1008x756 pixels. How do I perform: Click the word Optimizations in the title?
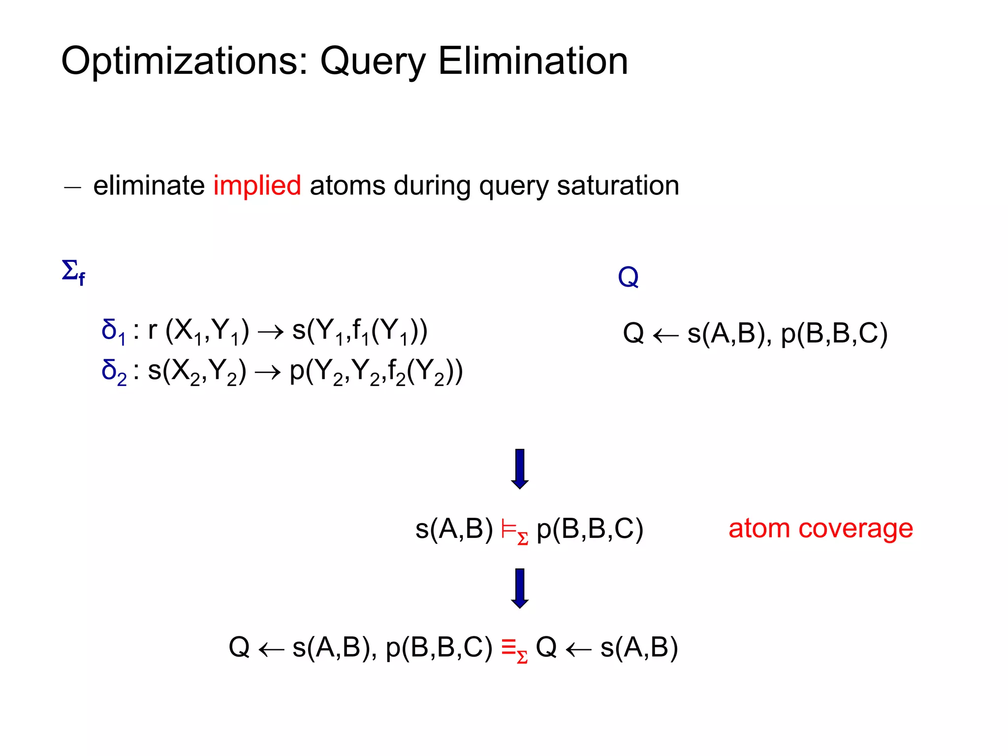[x=185, y=62]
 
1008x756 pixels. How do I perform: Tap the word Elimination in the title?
[x=533, y=62]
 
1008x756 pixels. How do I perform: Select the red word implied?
[x=257, y=186]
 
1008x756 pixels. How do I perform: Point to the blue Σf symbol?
[x=73, y=272]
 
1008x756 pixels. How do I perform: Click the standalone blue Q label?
[x=628, y=277]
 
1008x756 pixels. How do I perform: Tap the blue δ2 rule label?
[x=114, y=372]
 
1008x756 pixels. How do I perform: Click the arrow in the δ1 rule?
[x=271, y=332]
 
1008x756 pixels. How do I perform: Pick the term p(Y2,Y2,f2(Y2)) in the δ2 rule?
[x=376, y=372]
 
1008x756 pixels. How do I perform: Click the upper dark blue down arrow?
[x=520, y=469]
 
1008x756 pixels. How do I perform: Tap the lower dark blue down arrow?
[x=520, y=588]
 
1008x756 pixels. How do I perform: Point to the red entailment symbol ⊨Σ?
[x=514, y=532]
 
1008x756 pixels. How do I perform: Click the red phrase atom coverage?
[x=820, y=529]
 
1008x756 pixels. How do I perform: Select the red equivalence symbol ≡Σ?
[x=514, y=649]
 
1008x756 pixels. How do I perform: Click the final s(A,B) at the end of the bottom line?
[x=639, y=648]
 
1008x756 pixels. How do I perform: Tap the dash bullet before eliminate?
[x=72, y=188]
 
